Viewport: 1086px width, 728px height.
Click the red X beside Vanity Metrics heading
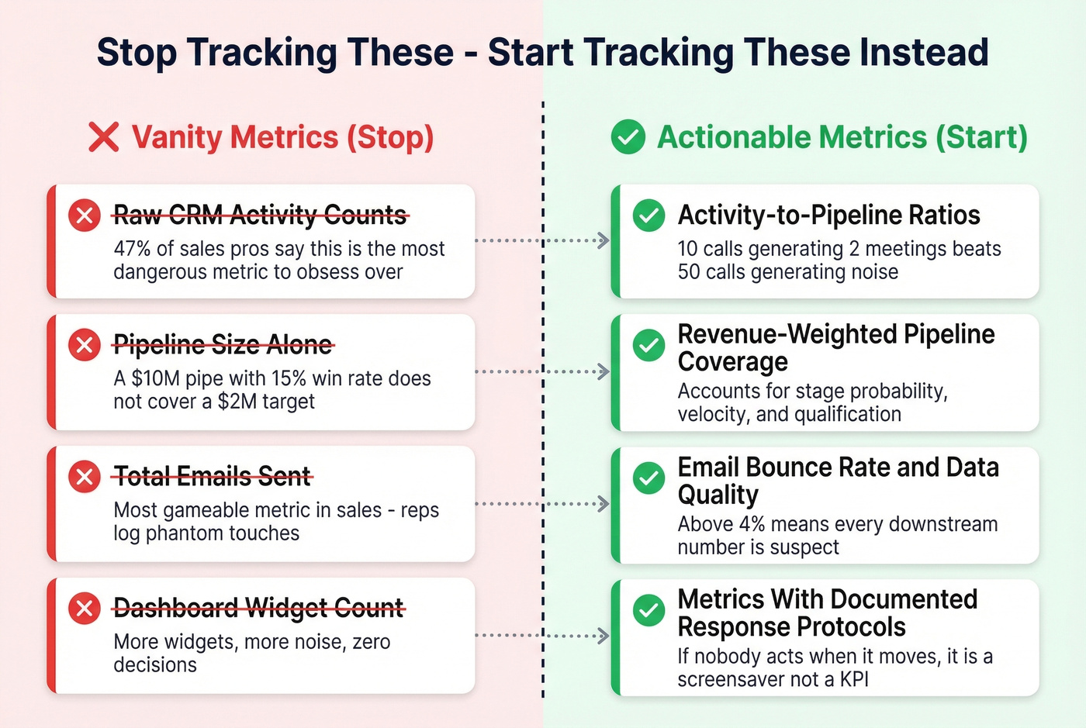tap(103, 137)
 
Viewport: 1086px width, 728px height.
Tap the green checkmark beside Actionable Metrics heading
tap(628, 137)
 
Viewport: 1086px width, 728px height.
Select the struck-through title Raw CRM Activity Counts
tap(260, 215)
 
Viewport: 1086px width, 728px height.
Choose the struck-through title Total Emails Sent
tap(212, 476)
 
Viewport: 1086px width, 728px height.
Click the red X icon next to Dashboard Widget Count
tap(85, 608)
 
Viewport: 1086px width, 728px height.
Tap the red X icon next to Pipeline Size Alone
tap(85, 345)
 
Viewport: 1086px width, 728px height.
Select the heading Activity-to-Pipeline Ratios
tap(828, 215)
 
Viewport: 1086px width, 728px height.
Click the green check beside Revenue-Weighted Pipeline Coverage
tap(648, 345)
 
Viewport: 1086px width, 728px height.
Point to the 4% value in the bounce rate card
tap(752, 524)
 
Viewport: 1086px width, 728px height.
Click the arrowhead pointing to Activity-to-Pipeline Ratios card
tap(604, 240)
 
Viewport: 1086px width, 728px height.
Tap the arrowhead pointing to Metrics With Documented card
tap(604, 636)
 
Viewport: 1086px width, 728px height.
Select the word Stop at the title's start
tap(137, 53)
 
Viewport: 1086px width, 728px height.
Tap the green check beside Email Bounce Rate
tap(648, 478)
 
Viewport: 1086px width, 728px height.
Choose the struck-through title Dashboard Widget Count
tap(258, 608)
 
